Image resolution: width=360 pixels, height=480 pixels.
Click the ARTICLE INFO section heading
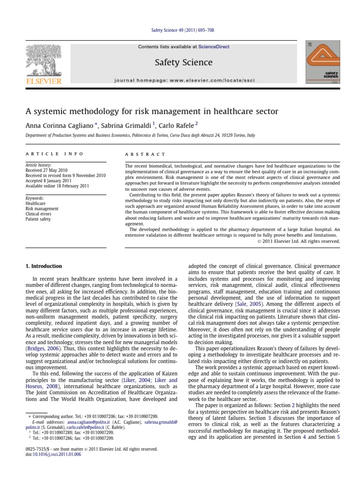point(54,154)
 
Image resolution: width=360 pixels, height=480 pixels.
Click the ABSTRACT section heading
point(145,154)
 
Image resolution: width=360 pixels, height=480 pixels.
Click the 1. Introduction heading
point(43,266)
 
